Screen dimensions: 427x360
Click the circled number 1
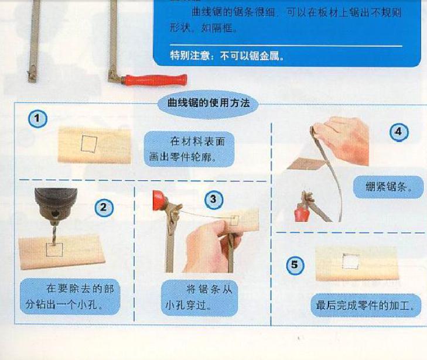tap(37, 119)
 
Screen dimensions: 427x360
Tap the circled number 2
tap(104, 208)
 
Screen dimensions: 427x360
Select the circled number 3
tap(214, 200)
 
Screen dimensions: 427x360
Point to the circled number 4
tap(399, 132)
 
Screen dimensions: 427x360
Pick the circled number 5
tap(295, 265)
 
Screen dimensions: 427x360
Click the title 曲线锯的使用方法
tap(209, 103)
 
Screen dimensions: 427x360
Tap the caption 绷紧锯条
tap(388, 187)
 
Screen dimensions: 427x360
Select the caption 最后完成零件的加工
tap(365, 305)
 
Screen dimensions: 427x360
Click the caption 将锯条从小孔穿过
tap(199, 297)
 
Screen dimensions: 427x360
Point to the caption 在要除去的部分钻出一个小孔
tap(70, 296)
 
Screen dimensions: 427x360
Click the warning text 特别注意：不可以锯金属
tap(227, 56)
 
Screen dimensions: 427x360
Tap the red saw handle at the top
tap(155, 80)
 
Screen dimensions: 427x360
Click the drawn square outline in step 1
tap(89, 143)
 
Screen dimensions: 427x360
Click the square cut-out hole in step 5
tap(350, 262)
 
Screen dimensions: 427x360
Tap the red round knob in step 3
tap(158, 201)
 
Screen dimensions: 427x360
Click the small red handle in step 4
tap(300, 213)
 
